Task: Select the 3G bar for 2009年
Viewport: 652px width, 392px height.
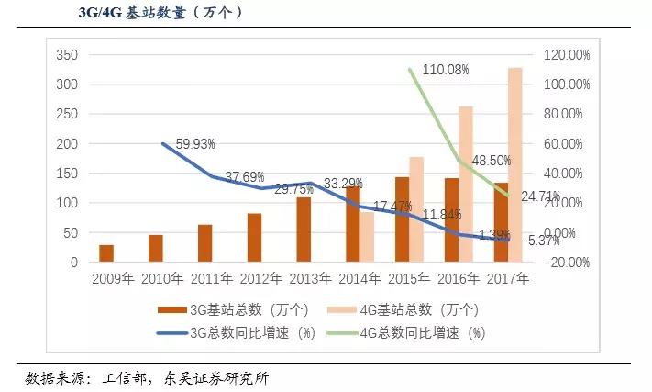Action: pyautogui.click(x=106, y=253)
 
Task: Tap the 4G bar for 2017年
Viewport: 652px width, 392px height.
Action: pyautogui.click(x=514, y=165)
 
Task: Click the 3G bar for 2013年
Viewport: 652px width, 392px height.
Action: pyautogui.click(x=304, y=230)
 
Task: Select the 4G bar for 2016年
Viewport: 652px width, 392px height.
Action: pyautogui.click(x=466, y=184)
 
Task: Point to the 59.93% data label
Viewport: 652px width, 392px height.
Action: pyautogui.click(x=195, y=143)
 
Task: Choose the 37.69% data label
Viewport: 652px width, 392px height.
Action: pyautogui.click(x=245, y=176)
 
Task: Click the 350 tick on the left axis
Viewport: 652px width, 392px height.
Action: pyautogui.click(x=67, y=55)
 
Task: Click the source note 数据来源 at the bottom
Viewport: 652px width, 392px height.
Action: pyautogui.click(x=147, y=377)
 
